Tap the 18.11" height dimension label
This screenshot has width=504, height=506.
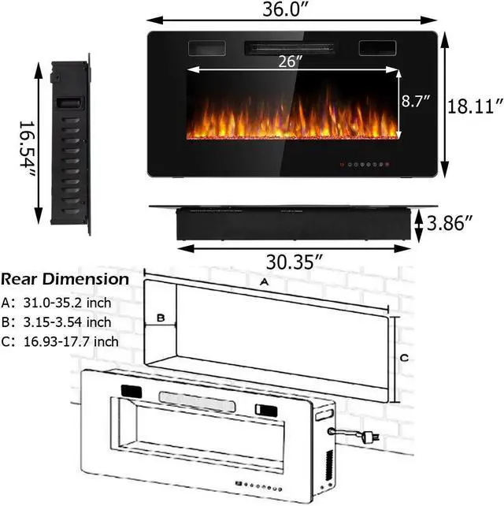click(475, 106)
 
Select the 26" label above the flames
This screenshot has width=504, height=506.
click(291, 61)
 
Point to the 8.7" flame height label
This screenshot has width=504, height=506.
click(416, 101)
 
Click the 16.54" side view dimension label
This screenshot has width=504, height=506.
click(27, 149)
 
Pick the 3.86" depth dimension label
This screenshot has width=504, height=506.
click(450, 223)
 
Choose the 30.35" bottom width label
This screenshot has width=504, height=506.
click(294, 262)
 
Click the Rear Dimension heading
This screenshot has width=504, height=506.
click(65, 279)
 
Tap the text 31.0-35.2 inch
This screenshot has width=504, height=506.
click(67, 303)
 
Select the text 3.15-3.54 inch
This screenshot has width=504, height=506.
click(67, 322)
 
